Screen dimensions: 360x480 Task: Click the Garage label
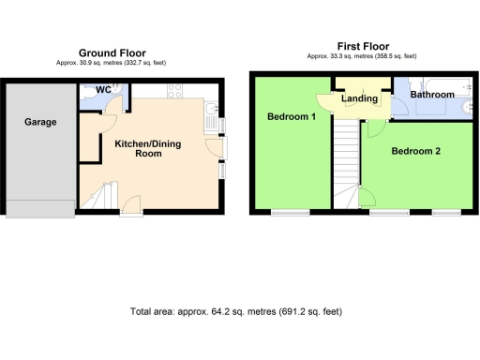pyautogui.click(x=40, y=122)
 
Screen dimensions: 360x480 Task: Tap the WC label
pyautogui.click(x=104, y=91)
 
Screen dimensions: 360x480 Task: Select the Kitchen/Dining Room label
pyautogui.click(x=148, y=148)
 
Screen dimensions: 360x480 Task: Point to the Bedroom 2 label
pyautogui.click(x=415, y=150)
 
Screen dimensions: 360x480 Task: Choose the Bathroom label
pyautogui.click(x=432, y=94)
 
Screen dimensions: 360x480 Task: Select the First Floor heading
pyautogui.click(x=363, y=46)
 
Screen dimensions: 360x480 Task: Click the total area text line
pyautogui.click(x=239, y=311)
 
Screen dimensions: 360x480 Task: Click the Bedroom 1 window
pyautogui.click(x=284, y=213)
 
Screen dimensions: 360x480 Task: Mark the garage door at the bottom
pyautogui.click(x=40, y=208)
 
